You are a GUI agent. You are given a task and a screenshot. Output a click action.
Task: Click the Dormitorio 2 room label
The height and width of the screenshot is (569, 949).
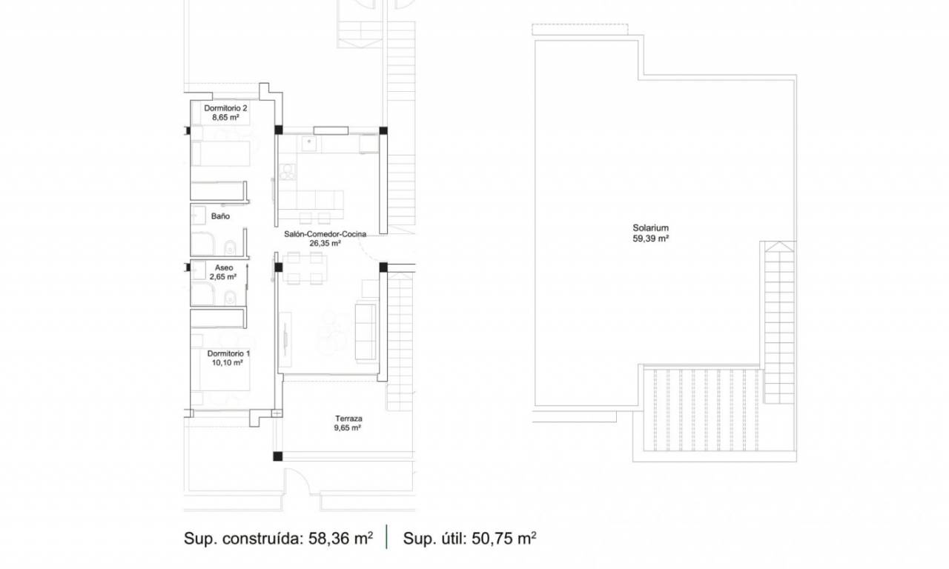(x=225, y=108)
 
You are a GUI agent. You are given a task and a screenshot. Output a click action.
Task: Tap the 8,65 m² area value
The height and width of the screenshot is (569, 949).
(x=225, y=118)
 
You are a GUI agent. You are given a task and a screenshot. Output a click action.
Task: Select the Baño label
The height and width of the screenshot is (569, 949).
(x=220, y=216)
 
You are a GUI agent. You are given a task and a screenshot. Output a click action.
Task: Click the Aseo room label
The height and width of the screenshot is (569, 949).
(x=224, y=267)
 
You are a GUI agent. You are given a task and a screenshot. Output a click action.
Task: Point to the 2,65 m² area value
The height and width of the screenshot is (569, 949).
(x=223, y=277)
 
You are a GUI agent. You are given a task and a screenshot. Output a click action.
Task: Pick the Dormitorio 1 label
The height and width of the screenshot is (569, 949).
(x=228, y=353)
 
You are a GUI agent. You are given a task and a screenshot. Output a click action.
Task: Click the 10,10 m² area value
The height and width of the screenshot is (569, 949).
(x=227, y=363)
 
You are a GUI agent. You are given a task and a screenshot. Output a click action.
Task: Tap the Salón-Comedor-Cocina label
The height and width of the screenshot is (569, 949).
(x=325, y=233)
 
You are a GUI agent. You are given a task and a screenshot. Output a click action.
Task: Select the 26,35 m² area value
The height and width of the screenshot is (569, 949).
(x=325, y=244)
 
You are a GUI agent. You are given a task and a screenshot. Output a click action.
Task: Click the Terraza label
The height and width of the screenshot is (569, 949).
(x=348, y=419)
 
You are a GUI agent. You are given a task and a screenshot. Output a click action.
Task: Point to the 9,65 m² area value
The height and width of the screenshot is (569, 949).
(x=348, y=428)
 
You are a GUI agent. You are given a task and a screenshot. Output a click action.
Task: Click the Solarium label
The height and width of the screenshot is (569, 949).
(x=650, y=227)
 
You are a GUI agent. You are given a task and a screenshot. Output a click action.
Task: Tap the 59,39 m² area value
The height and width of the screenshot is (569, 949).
(x=650, y=239)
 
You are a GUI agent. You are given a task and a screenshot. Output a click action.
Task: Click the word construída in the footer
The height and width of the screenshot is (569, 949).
(x=262, y=539)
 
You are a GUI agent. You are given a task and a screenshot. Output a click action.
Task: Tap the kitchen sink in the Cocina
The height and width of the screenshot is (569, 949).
(x=309, y=144)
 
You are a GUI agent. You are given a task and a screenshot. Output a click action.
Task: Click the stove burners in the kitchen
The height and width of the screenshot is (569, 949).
(x=288, y=172)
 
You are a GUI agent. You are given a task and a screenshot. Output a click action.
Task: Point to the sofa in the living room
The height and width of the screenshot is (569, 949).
(x=366, y=332)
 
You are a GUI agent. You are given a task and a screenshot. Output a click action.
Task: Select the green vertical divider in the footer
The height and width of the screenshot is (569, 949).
(x=386, y=537)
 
